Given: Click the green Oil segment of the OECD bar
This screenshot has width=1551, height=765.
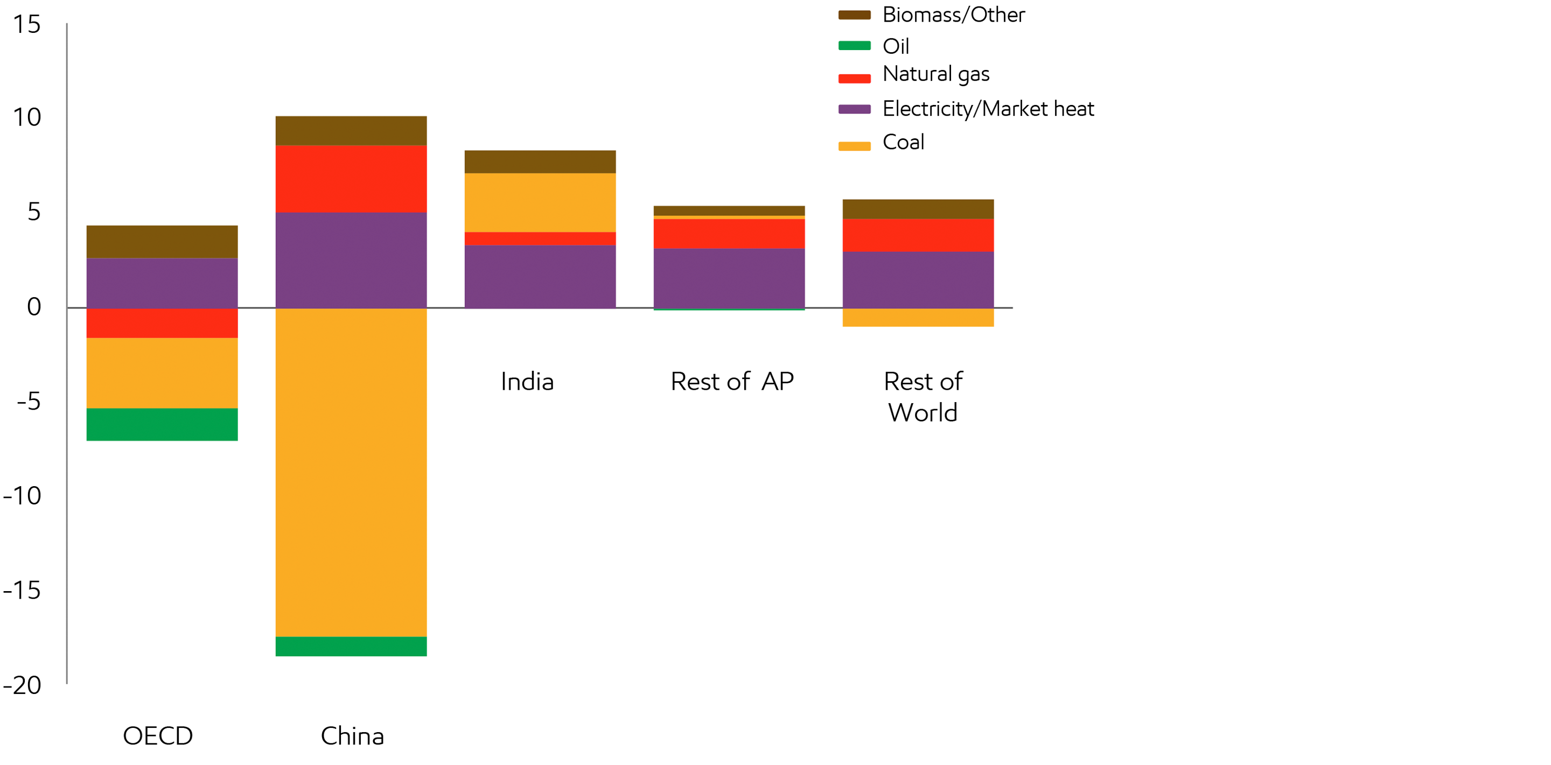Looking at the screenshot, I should (x=162, y=424).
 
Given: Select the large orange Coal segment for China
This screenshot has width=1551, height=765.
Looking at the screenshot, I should (x=351, y=472).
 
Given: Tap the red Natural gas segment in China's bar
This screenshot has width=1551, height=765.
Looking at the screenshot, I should (x=351, y=179).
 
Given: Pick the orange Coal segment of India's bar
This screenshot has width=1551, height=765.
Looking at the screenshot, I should (x=540, y=202).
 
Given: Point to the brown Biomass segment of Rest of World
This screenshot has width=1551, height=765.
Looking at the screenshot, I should (x=918, y=209).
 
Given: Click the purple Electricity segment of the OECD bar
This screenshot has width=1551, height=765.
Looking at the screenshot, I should (x=162, y=283).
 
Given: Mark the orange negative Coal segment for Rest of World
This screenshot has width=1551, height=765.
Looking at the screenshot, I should (x=918, y=317).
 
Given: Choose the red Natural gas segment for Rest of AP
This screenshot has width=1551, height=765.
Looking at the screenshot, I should (x=729, y=234).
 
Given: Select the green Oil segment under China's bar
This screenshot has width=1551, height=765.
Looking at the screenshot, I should (x=351, y=646).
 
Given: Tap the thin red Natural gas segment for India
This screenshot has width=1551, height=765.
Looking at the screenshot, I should (x=540, y=238).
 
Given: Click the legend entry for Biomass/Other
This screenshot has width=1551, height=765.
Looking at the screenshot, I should (x=953, y=15).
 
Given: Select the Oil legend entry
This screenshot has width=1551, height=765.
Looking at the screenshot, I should (x=895, y=46).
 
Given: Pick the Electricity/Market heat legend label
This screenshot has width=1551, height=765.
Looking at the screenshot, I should (x=988, y=109).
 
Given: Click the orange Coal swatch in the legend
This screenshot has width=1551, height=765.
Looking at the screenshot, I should (x=854, y=146).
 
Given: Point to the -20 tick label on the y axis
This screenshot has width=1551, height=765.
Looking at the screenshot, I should (x=22, y=685).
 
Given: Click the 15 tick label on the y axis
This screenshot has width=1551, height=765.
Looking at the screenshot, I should (x=26, y=25).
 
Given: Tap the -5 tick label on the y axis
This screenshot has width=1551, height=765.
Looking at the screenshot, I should (x=29, y=401).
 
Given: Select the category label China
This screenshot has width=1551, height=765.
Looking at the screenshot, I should (x=352, y=735).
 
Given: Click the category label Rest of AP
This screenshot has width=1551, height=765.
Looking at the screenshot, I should (x=732, y=382).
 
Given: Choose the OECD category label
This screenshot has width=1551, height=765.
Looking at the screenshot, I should (x=158, y=735).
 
